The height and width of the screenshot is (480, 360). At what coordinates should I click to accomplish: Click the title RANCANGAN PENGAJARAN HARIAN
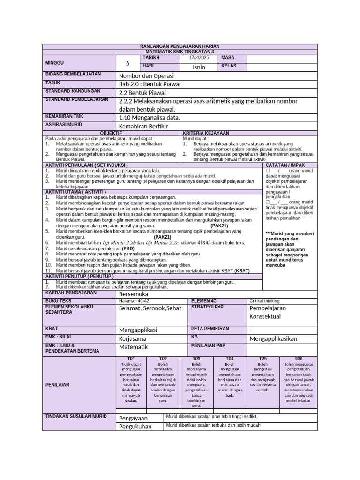tap(180, 46)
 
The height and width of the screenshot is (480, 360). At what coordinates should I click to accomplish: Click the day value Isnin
tap(199, 67)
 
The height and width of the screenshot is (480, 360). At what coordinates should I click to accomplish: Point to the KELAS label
tap(229, 66)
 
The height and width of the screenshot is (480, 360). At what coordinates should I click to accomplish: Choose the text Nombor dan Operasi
tap(146, 75)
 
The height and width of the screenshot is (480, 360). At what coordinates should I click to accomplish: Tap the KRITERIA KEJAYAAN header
tap(206, 134)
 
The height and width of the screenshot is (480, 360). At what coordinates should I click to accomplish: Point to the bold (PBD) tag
tap(128, 248)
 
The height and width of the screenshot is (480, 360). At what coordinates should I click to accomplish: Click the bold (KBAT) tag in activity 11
tap(242, 270)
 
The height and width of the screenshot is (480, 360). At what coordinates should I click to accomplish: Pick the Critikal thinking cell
tap(264, 301)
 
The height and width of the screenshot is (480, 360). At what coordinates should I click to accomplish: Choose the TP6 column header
tap(299, 359)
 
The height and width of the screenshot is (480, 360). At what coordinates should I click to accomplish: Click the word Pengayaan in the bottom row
tap(133, 418)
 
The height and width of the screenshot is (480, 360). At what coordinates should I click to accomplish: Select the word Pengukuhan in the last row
tap(135, 427)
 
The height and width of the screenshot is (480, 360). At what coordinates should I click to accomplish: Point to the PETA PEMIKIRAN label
tap(210, 329)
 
